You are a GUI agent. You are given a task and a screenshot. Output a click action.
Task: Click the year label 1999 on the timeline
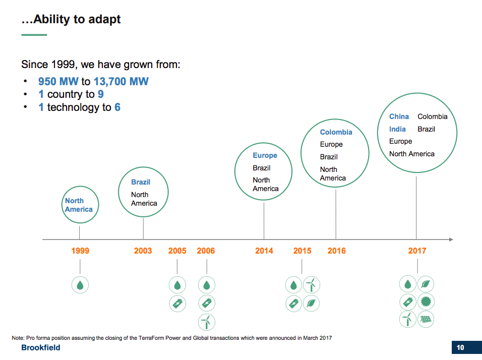[80, 251]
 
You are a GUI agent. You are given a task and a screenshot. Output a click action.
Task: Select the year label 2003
[143, 251]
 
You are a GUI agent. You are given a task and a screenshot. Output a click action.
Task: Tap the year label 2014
[264, 251]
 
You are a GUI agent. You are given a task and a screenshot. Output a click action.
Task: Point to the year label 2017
[417, 251]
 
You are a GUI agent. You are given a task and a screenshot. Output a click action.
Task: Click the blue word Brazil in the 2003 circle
[141, 182]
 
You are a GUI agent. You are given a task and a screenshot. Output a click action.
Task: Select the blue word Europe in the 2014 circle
[265, 155]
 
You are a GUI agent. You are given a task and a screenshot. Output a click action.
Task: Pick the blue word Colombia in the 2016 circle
[336, 132]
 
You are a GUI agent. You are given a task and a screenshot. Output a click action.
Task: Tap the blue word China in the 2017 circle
[399, 116]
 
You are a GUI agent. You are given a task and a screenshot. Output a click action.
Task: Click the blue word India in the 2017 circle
[397, 129]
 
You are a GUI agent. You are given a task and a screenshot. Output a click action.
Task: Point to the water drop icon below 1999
[80, 285]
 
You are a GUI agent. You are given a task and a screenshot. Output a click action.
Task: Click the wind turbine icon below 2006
[206, 321]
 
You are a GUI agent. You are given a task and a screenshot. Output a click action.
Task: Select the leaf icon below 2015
[312, 303]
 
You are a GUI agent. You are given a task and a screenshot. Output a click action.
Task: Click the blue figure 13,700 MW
[121, 81]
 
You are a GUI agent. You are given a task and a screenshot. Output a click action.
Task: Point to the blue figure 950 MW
[58, 81]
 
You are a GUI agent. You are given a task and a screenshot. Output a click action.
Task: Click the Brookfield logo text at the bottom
[41, 348]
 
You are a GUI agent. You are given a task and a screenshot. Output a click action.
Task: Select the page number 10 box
[460, 347]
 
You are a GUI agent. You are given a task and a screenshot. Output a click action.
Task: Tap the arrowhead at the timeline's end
[451, 239]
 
